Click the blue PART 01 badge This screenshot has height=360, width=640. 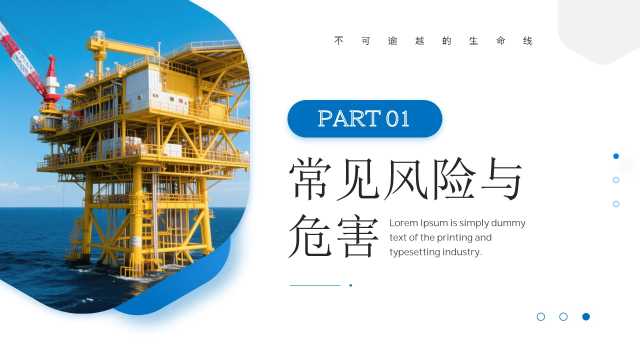tap(364, 118)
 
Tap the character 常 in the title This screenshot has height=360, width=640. tap(310, 179)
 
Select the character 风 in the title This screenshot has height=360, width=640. tap(405, 179)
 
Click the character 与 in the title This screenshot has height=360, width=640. tap(502, 179)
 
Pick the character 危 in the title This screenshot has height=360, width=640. tap(310, 236)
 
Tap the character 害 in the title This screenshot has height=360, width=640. tap(357, 237)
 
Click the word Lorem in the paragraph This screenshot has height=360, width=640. tap(404, 223)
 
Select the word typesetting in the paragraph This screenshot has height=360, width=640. tap(414, 252)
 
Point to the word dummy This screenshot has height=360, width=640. tap(508, 224)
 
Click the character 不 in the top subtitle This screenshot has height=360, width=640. tap(339, 41)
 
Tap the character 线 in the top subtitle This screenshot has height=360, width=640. tap(528, 41)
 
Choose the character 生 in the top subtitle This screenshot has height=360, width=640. tap(473, 41)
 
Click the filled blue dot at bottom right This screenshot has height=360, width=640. tap(586, 316)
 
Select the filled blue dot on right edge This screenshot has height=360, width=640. tap(616, 156)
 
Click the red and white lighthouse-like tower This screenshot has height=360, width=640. tap(52, 78)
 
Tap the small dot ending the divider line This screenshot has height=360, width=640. tap(351, 285)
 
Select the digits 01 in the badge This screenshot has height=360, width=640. tap(398, 119)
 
